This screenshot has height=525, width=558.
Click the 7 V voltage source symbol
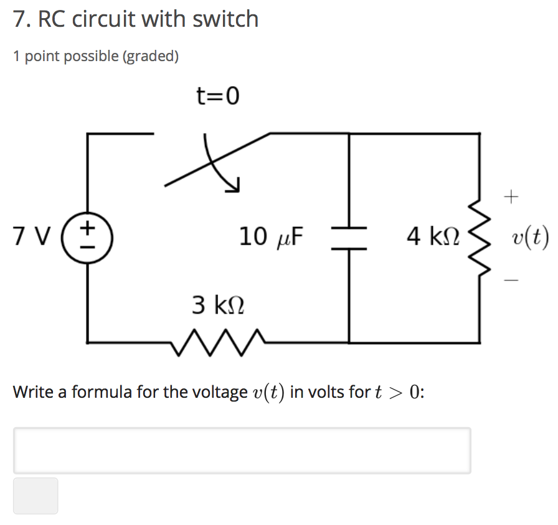click(x=87, y=237)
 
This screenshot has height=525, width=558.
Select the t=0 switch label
click(x=217, y=97)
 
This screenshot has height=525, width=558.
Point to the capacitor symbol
click(x=349, y=238)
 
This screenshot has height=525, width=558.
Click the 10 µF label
click(x=270, y=237)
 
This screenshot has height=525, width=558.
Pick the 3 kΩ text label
click(x=217, y=305)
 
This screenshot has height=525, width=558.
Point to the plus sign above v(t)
click(x=511, y=198)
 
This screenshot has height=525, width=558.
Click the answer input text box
click(x=242, y=450)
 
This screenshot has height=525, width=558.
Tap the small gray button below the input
click(x=35, y=496)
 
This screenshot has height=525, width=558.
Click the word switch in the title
click(x=225, y=19)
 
